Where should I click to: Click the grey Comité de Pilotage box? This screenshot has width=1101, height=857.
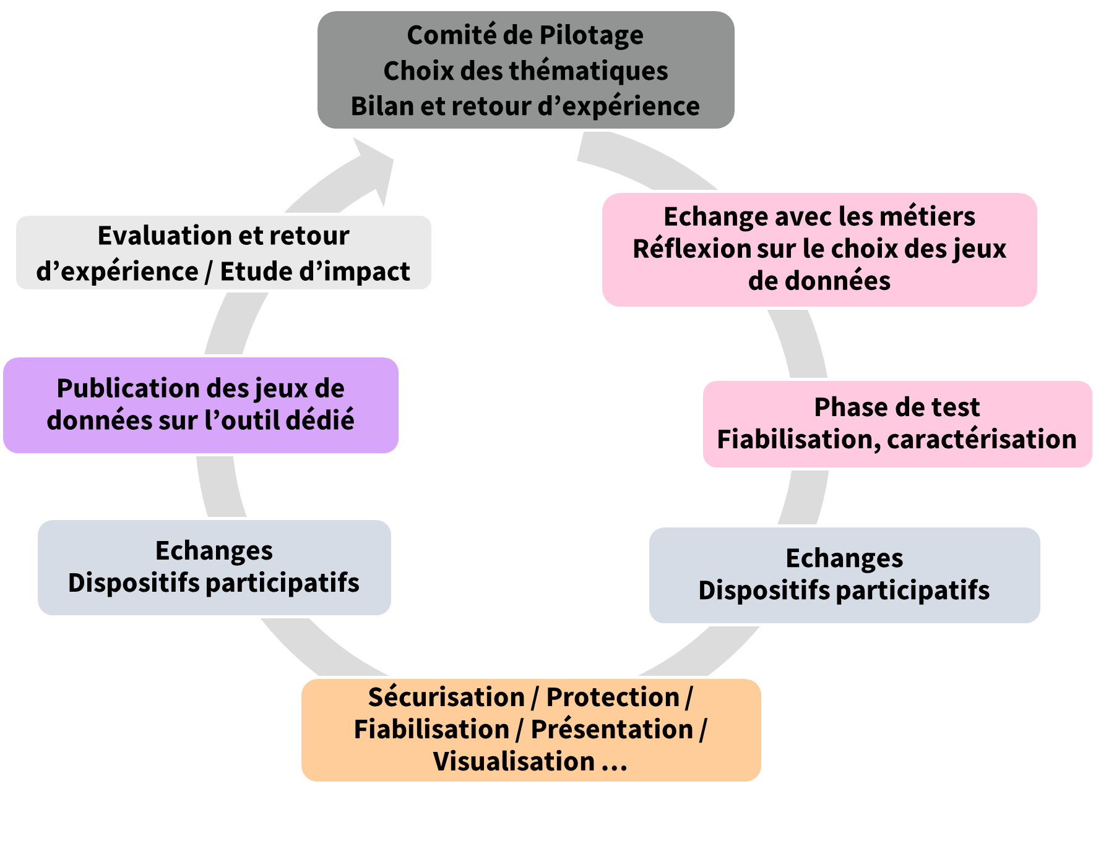(525, 70)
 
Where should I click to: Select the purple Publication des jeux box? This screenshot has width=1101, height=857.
(201, 405)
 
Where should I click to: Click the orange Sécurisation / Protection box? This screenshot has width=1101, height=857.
(530, 730)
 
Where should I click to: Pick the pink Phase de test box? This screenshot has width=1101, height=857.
(897, 424)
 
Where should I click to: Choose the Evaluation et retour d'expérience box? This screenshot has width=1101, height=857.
(223, 253)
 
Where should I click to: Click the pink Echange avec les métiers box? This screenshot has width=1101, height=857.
(819, 249)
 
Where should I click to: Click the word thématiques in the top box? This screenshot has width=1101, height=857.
(589, 70)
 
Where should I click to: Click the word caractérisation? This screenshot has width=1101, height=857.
(982, 440)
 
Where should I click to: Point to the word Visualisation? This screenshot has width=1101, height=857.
(514, 761)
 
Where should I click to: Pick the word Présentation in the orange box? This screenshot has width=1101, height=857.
(612, 730)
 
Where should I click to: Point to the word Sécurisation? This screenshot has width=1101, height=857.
(446, 697)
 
